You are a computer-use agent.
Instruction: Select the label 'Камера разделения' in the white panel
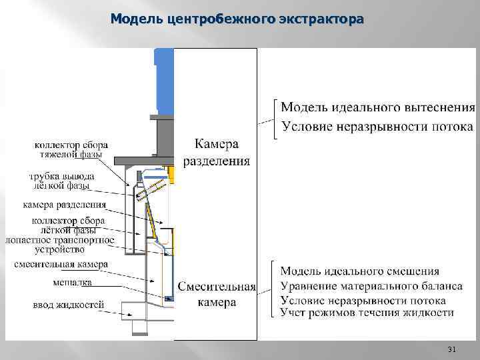tap(216, 152)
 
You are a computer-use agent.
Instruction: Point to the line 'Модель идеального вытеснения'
tap(377, 107)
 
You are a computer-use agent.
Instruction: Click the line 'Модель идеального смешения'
tap(360, 271)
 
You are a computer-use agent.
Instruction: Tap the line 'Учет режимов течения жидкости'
tap(367, 312)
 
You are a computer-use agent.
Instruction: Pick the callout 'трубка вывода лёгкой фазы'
tap(61, 181)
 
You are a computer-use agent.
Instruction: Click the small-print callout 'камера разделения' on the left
tap(64, 204)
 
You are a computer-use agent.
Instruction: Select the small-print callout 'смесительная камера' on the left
tap(61, 264)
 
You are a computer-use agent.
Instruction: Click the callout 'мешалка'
tap(72, 282)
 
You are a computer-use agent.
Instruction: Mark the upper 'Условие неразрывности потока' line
tap(377, 127)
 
